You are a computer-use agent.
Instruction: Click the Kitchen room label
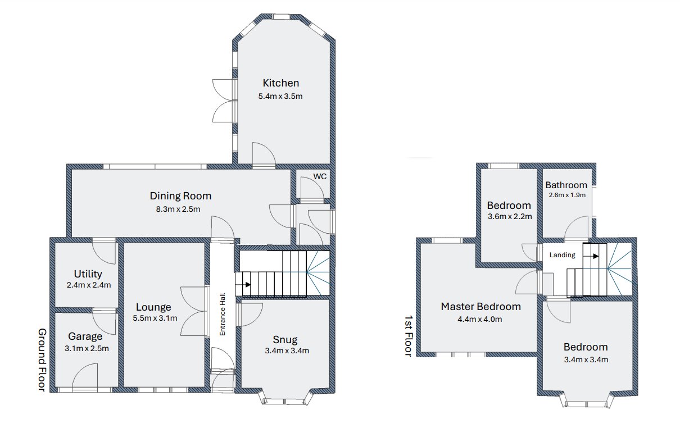point(281,83)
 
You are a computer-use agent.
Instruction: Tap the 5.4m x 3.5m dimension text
point(280,96)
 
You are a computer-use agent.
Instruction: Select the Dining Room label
point(180,195)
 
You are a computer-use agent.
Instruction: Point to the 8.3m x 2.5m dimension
point(178,209)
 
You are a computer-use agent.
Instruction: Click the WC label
point(320,176)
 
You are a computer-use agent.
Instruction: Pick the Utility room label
point(88,274)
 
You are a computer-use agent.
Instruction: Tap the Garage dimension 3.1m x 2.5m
point(87,349)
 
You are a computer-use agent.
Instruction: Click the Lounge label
point(153,307)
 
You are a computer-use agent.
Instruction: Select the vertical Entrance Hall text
point(222,314)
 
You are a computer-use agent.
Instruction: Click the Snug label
point(285,339)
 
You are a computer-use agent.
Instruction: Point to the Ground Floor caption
point(42,359)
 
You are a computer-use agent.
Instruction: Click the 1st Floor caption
point(409,335)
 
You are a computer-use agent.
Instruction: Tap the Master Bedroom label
point(481,306)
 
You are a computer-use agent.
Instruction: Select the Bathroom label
point(566,185)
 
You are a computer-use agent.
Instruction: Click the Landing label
point(562,255)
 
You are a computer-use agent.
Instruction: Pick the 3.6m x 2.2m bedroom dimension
point(510,217)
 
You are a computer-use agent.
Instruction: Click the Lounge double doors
point(194,311)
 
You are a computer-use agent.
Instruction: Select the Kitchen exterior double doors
point(224,101)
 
